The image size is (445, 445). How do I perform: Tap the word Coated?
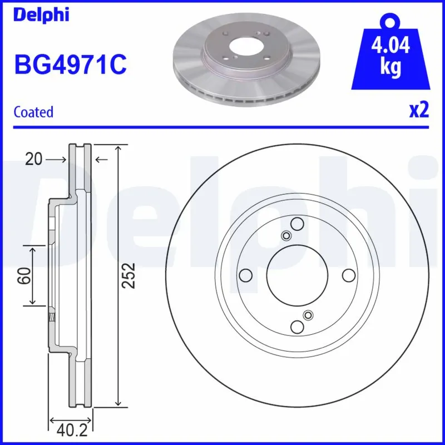33,112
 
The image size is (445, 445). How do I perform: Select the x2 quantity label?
419,111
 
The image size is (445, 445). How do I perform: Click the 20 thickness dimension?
33,160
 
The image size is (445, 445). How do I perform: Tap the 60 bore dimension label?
23,275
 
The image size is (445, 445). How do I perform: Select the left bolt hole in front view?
244,275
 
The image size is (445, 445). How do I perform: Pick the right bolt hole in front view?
349,275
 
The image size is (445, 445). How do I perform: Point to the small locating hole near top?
286,236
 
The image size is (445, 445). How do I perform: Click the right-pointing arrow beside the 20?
56,160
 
